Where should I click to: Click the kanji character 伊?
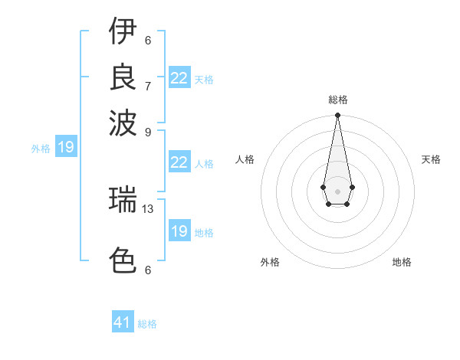click(123, 31)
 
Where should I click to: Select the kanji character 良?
click(123, 77)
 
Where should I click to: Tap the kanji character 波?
click(123, 122)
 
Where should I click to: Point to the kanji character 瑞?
click(123, 200)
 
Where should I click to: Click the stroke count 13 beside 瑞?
click(148, 208)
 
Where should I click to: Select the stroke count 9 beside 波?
click(148, 131)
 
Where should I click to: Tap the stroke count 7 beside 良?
click(148, 86)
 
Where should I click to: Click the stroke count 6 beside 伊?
click(148, 41)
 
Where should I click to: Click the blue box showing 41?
click(123, 322)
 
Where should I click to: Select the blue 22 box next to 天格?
click(179, 78)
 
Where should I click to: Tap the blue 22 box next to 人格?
click(179, 162)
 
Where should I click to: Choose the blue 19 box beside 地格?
click(179, 231)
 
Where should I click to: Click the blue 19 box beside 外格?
click(66, 148)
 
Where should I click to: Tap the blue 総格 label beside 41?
click(147, 324)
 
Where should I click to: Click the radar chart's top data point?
click(337, 116)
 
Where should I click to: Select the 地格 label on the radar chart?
click(402, 263)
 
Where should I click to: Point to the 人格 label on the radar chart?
click(245, 159)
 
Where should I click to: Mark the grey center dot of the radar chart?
click(337, 191)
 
